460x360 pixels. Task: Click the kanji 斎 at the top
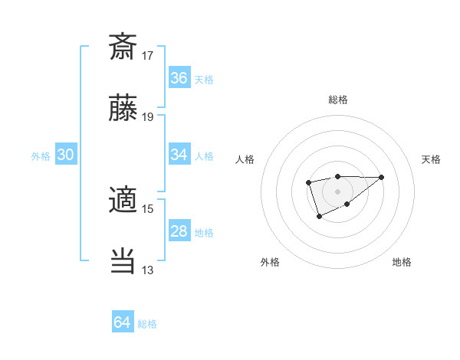123,47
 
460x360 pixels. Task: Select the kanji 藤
123,110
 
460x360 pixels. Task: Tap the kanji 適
123,201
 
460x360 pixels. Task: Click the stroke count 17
148,55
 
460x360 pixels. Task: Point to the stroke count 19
148,117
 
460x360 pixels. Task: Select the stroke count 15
148,208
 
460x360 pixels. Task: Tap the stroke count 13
148,270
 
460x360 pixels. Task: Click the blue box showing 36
179,78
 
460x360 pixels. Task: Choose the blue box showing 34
179,155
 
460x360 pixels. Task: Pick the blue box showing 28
179,231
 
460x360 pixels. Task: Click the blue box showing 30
66,155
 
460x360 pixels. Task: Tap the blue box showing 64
123,322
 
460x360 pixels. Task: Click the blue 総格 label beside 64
147,324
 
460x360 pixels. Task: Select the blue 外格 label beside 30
41,156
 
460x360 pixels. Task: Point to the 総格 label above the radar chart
337,100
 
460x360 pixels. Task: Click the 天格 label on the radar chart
432,159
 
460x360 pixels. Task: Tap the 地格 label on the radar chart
402,262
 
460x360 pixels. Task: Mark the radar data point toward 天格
382,177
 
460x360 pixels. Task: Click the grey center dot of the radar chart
337,191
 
